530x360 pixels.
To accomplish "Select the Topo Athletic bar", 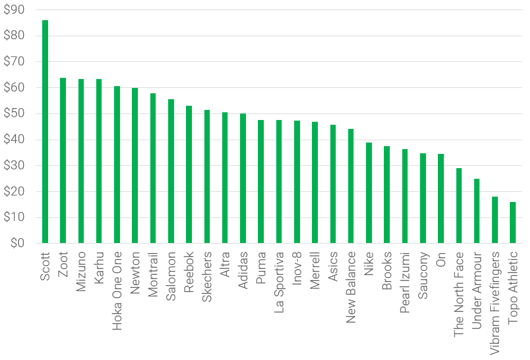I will click(x=512, y=222).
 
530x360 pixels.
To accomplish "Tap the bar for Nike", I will click(x=368, y=192).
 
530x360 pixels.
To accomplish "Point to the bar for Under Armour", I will click(x=477, y=211).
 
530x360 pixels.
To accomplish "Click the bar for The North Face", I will click(x=458, y=206).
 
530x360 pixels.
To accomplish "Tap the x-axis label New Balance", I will click(x=351, y=287).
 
